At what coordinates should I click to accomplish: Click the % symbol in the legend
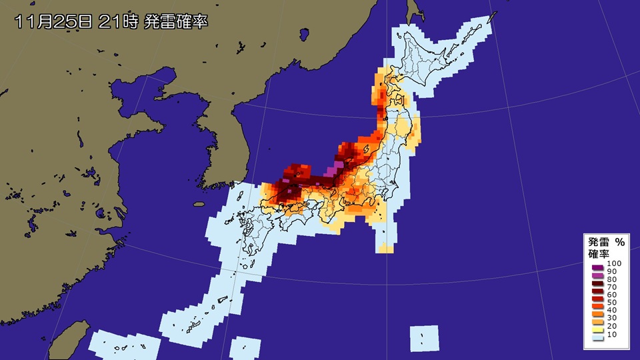tap(619, 242)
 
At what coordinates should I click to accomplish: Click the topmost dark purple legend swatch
tap(597, 265)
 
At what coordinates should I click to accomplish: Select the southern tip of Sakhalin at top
tap(415, 17)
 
